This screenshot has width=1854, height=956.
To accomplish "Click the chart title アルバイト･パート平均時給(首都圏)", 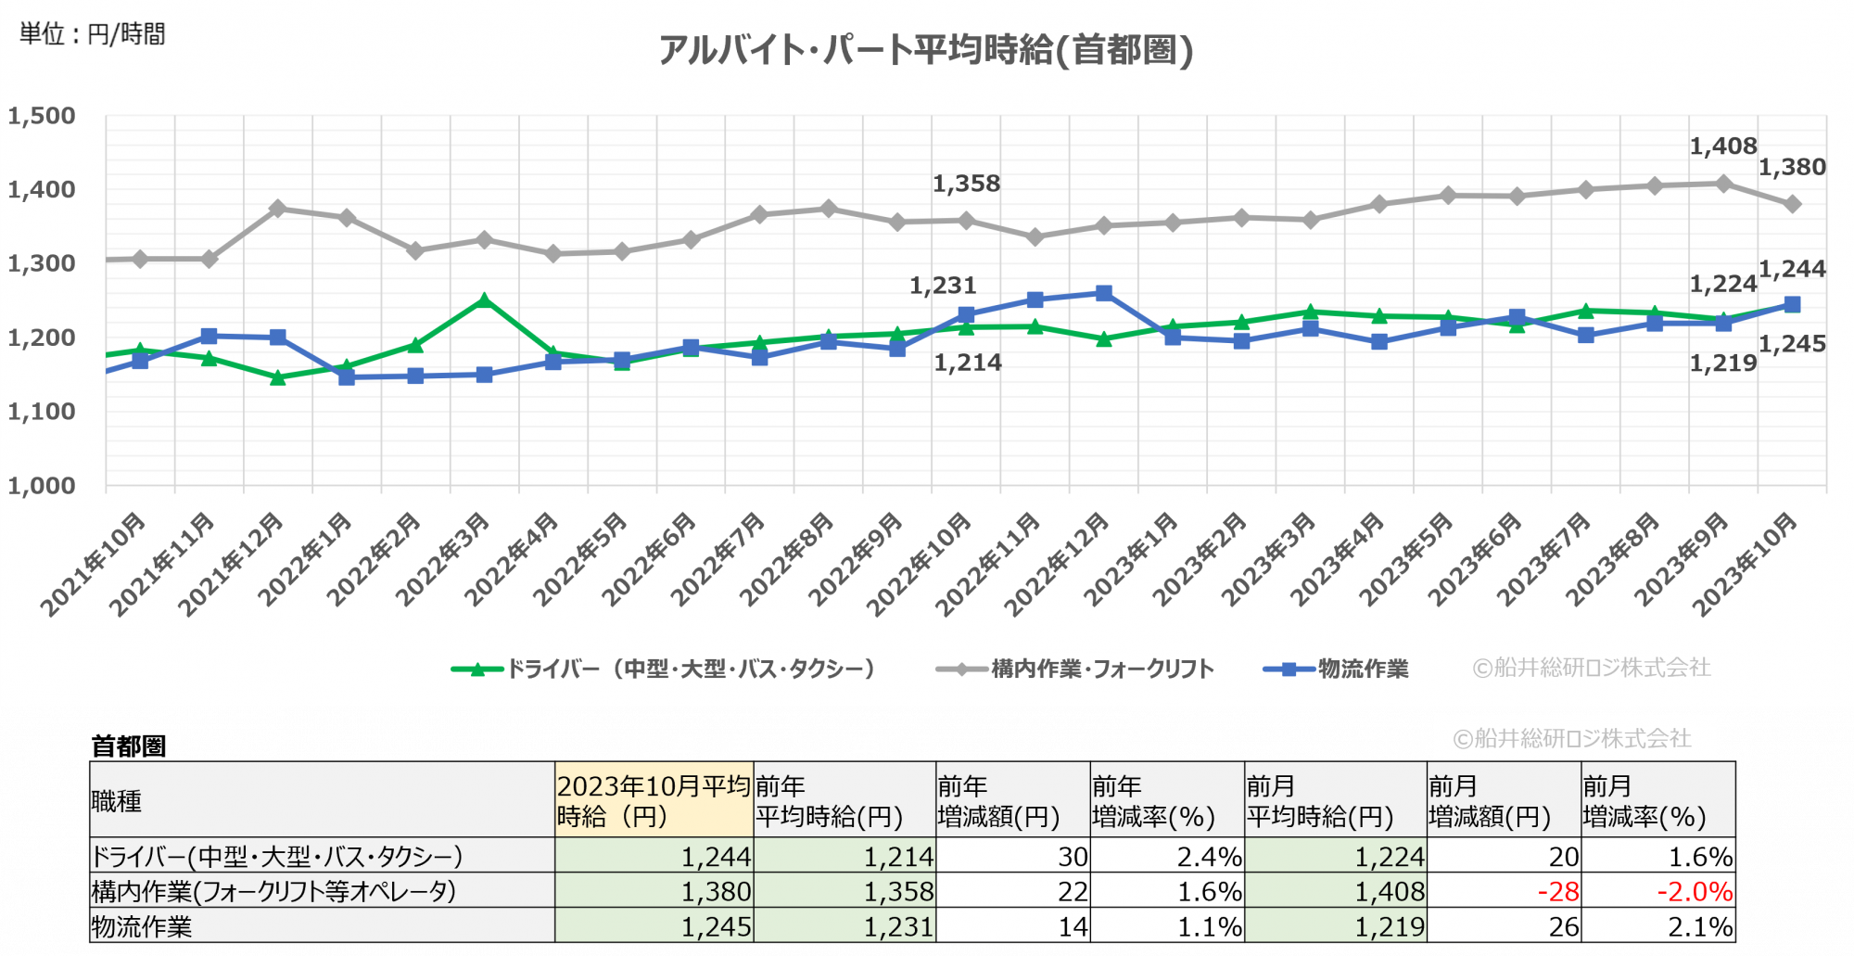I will [925, 50].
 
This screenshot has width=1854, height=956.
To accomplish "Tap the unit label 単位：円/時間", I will [92, 34].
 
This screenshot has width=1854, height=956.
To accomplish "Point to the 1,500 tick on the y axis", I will [42, 117].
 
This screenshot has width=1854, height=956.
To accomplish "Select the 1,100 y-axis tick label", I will [42, 412].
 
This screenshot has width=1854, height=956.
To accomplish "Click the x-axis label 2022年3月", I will [443, 559].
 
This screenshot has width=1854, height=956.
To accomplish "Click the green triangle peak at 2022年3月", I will [484, 300].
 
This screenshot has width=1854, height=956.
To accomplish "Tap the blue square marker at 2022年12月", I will [1103, 293].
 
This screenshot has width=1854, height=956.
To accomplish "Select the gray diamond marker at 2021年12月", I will [277, 209].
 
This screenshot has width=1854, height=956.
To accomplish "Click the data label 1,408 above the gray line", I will [1722, 147].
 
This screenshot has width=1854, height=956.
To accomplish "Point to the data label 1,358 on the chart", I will [966, 184].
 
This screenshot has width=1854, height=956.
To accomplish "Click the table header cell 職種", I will [117, 801].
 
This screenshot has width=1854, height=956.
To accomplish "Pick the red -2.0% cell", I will [1695, 892].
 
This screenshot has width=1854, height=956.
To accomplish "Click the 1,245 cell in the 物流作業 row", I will [716, 926].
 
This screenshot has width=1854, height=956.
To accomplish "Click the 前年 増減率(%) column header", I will [1153, 801].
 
